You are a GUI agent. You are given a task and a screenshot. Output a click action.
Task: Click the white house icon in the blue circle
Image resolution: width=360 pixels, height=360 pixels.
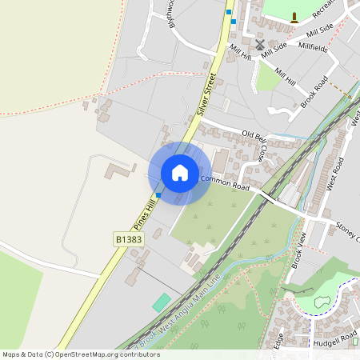pos(180,173)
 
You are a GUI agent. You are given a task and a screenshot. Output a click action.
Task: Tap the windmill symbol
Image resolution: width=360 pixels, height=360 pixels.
pos(260,45)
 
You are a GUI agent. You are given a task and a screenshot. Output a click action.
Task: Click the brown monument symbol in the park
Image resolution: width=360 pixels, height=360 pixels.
pos(294,17)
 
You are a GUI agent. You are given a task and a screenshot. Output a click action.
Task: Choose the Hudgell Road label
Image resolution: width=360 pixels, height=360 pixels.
pos(337,340)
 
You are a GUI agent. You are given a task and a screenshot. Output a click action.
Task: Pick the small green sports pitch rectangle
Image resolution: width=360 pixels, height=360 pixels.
pos(162,303)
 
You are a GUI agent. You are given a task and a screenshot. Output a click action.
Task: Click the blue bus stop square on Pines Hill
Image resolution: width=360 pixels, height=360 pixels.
pos(158,194)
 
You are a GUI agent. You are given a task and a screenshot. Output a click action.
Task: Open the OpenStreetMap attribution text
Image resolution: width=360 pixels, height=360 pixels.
pos(80,354)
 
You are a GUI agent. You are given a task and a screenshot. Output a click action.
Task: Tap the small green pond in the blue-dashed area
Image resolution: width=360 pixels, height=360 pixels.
pos(322,302)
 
